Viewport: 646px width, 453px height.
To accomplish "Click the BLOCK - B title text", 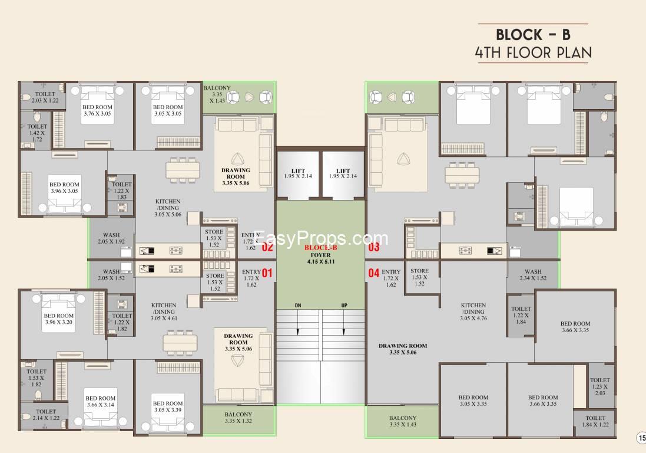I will point(533,34).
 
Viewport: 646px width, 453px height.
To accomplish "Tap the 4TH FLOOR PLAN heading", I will point(533,52).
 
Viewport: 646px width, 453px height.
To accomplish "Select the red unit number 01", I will point(267,273).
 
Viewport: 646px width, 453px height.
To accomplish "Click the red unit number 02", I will point(267,247).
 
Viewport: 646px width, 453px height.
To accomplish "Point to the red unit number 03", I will point(374,247).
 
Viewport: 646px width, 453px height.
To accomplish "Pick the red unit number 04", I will point(374,273).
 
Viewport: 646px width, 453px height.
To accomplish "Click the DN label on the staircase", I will point(299,305).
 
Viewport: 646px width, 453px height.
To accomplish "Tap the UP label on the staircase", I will point(344,305).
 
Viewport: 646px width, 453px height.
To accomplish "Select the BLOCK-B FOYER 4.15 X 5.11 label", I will point(320,255).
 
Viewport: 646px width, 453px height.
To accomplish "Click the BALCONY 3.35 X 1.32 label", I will point(238,418).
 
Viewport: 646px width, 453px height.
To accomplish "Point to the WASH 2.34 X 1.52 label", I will point(533,275).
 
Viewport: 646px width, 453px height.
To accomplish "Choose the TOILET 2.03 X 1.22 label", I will point(45,97).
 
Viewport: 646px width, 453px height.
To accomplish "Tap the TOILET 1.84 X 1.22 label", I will point(595,421).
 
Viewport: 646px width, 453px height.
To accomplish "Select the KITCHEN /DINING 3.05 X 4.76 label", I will point(473,311).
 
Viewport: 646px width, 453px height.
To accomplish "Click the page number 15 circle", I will point(641,437).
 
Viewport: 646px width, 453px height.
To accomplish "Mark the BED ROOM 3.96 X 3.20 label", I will point(58,319).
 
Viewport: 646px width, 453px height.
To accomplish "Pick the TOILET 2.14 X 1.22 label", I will point(45,415).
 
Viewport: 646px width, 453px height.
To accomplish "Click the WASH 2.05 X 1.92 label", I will point(111,238).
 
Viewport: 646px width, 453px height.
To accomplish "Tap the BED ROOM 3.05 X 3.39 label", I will point(168,407).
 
